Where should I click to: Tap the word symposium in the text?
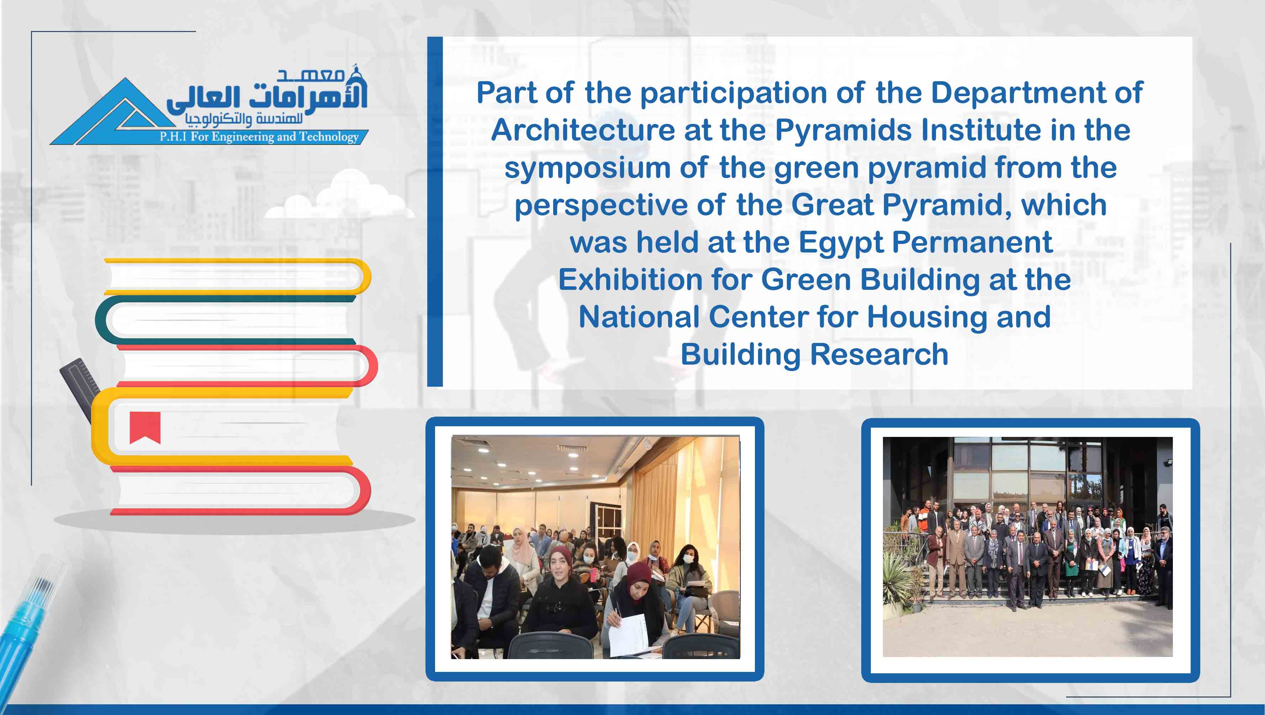(x=587, y=168)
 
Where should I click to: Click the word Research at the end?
(x=879, y=354)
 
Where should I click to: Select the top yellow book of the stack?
(x=238, y=277)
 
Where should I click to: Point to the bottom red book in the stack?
(x=240, y=490)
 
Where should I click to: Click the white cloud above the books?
(x=339, y=197)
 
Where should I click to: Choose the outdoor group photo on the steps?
(x=1028, y=547)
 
